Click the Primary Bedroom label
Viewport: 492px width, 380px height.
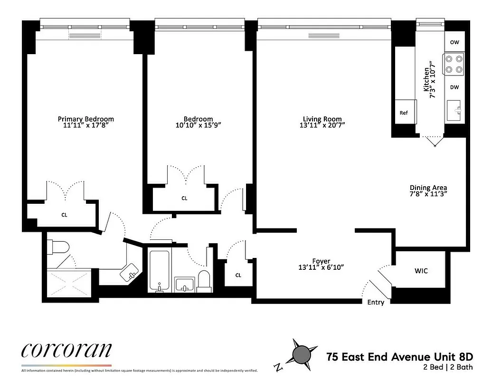pos(86,119)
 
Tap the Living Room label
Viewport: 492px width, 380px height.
pos(322,119)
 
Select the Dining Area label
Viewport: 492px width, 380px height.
pos(428,188)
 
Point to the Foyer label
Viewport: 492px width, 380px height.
pos(321,261)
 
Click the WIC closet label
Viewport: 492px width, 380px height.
pos(421,271)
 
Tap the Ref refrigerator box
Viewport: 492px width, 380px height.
pos(404,113)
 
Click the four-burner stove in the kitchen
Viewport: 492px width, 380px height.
pos(454,64)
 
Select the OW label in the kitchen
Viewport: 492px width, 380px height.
pos(454,42)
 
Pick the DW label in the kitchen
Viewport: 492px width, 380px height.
pos(454,87)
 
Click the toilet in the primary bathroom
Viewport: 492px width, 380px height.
pos(59,247)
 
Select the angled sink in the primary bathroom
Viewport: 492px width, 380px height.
pos(130,273)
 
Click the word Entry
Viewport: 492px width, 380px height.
pos(376,303)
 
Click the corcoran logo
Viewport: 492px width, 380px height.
pos(66,351)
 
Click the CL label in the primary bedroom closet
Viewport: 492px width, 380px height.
pos(65,215)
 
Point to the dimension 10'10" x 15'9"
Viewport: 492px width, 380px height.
pos(199,125)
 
